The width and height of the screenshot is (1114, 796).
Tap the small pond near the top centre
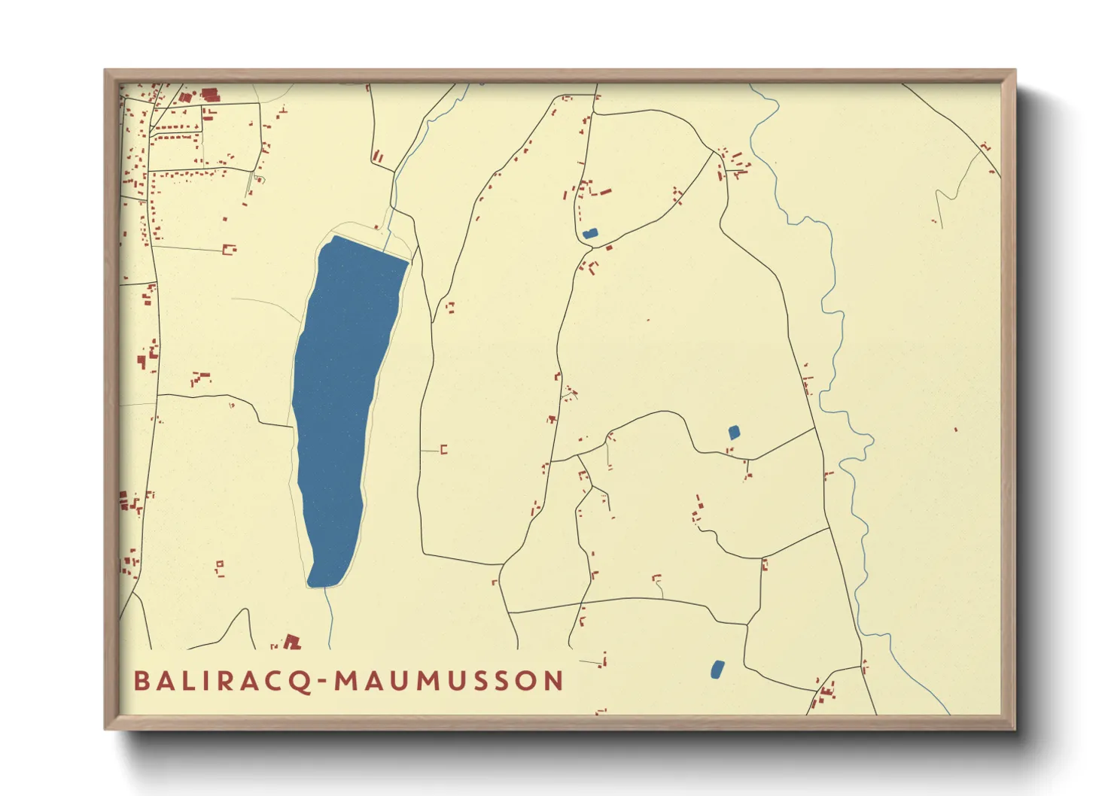pos(589,234)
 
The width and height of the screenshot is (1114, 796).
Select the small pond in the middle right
pos(734,432)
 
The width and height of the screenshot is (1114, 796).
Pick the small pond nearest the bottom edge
pos(717,669)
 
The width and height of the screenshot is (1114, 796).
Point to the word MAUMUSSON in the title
pos(449,682)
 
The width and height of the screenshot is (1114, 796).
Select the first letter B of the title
pos(142,682)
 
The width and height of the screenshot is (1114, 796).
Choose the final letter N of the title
pos(554,682)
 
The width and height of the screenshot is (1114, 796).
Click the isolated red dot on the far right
pos(956,430)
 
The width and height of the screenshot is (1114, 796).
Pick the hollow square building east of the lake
pos(444,450)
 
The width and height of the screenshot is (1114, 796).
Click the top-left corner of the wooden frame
pos(105,71)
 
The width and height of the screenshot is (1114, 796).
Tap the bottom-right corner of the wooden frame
pos(1015,728)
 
